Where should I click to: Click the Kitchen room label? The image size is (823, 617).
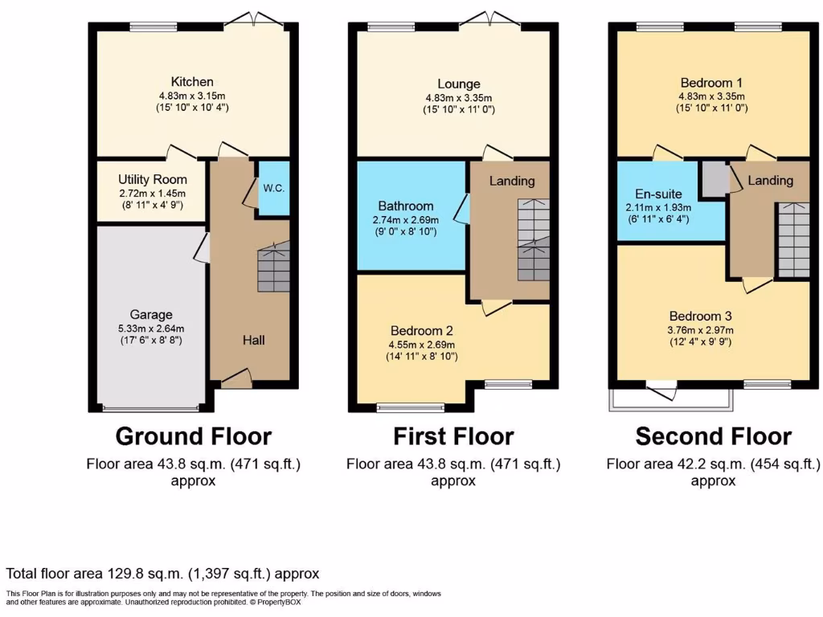click(192, 82)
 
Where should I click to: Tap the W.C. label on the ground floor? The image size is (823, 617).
click(273, 188)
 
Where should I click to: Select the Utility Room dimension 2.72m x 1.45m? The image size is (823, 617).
click(152, 193)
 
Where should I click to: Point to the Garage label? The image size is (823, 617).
click(151, 315)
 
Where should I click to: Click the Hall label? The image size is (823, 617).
click(253, 340)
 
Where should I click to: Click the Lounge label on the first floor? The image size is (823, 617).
click(459, 84)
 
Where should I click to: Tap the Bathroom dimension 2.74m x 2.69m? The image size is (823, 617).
click(406, 220)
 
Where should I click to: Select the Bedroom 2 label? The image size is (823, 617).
click(421, 330)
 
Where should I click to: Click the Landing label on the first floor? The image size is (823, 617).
click(512, 181)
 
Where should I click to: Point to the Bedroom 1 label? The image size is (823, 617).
click(711, 83)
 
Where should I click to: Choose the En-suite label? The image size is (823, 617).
click(658, 194)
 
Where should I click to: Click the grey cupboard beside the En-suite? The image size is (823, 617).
click(714, 179)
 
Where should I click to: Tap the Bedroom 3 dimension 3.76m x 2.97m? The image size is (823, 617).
click(700, 330)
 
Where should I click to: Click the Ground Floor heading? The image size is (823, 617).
click(194, 436)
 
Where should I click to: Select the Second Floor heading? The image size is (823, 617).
click(714, 436)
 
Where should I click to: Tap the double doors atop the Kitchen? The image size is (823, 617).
click(255, 19)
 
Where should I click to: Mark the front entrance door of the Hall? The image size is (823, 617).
click(236, 378)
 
